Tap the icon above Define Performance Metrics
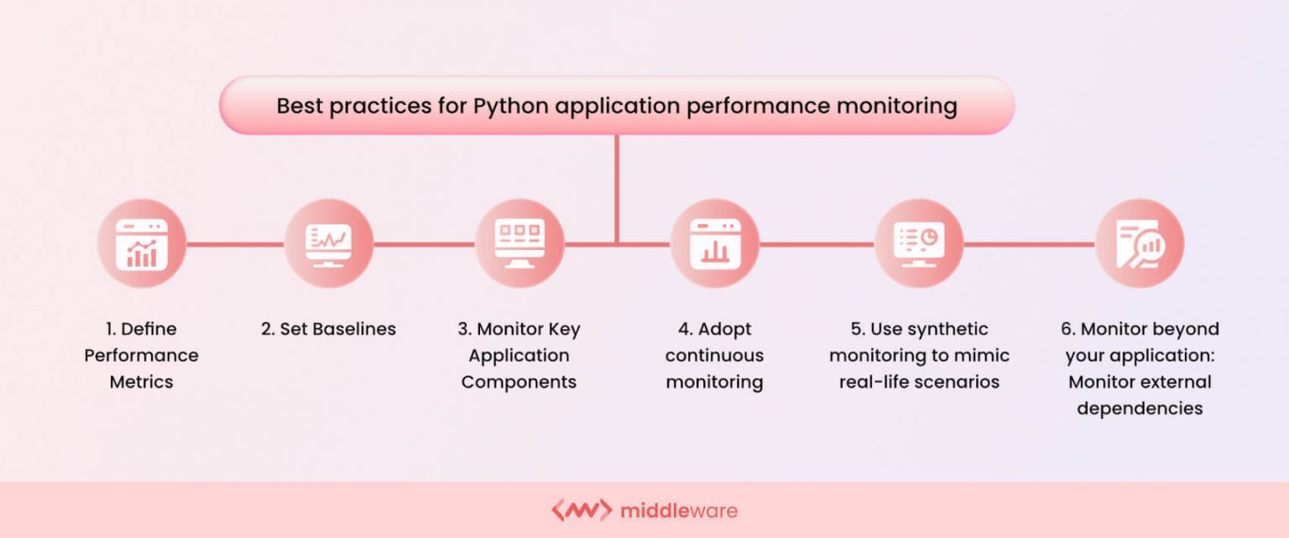point(141,243)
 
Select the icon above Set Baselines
point(328,243)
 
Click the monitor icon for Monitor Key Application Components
point(519,243)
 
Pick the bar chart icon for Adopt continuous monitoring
point(715,243)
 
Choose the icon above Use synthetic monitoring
point(919,243)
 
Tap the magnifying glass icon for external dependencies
point(1140,243)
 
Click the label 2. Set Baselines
point(328,329)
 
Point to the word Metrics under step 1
point(141,382)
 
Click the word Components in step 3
point(519,382)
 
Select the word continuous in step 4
point(714,355)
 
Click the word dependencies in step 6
point(1140,409)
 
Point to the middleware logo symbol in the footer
point(581,510)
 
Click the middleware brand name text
point(679,510)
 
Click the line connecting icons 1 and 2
point(235,244)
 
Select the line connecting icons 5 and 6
point(1029,244)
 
